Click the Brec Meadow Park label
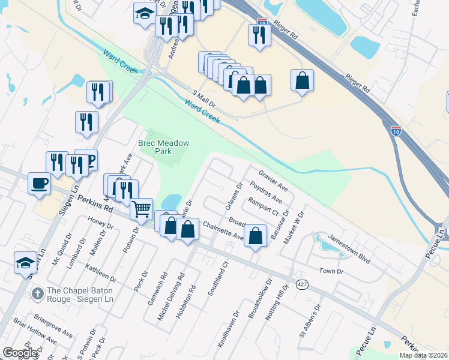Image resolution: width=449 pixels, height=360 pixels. tap(163, 147)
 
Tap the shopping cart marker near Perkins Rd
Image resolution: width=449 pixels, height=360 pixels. tap(141, 209)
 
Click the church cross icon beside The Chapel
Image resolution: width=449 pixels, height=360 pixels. tap(37, 294)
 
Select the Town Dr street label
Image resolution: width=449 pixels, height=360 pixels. tap(331, 271)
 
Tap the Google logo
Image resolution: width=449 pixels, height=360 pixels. tap(20, 353)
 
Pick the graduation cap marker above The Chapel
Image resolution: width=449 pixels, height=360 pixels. tap(25, 262)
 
